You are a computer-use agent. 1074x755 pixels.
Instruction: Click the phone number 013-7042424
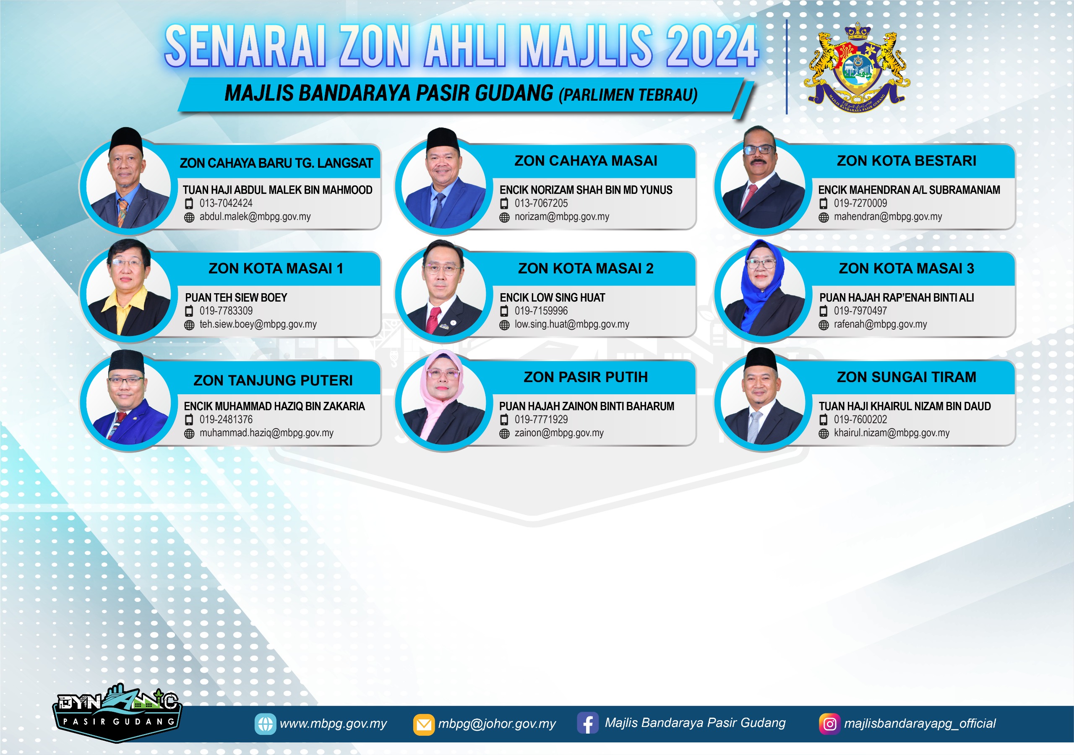point(226,203)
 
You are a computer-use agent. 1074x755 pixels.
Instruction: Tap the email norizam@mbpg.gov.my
point(562,216)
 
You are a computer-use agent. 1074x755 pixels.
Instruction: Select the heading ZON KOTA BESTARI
point(907,161)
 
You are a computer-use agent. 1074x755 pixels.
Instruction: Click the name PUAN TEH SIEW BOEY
point(236,297)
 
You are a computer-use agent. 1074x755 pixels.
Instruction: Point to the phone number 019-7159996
point(541,311)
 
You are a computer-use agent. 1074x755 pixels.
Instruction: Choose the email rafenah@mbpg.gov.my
point(880,324)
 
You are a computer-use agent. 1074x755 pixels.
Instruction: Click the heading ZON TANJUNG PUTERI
point(273,380)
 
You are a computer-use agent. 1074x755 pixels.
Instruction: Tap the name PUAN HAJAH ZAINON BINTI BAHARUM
point(587,406)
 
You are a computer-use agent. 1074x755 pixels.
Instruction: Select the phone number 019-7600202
point(860,419)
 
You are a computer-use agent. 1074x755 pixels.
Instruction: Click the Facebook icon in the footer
point(587,723)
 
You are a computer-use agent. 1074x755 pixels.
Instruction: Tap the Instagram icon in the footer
point(829,724)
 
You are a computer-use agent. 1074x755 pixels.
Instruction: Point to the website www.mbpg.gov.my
point(333,724)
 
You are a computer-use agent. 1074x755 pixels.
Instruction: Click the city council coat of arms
point(857,68)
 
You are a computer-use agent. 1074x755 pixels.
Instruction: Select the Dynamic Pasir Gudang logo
point(117,713)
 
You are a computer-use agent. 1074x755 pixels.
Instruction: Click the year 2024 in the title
point(712,46)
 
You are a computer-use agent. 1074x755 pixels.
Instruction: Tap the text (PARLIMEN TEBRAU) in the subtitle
point(628,95)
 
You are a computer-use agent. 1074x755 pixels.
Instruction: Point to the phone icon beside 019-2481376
point(189,419)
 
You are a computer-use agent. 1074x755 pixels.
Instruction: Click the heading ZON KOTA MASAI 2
point(586,268)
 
